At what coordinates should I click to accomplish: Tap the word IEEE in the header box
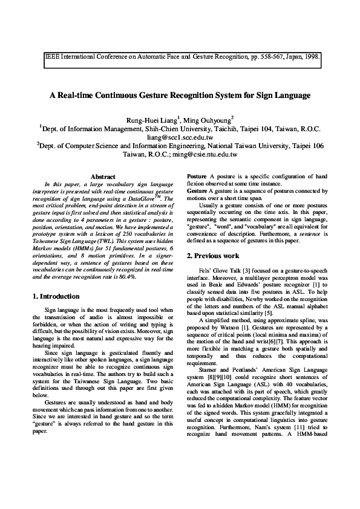pyautogui.click(x=51, y=59)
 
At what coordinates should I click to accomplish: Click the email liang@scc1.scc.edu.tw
pyautogui.click(x=180, y=137)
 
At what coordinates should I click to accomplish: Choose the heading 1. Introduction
pyautogui.click(x=55, y=296)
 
